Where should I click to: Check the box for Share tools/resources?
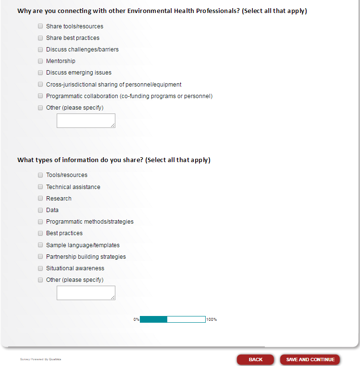click(40, 26)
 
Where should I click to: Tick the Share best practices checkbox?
click(40, 38)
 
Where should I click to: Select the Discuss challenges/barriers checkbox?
click(40, 50)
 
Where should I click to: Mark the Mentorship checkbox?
click(40, 61)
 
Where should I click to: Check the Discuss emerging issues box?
click(40, 73)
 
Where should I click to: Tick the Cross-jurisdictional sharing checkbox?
click(40, 85)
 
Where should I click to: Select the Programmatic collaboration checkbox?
click(40, 96)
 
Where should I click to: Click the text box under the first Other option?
click(86, 121)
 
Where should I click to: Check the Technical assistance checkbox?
click(40, 187)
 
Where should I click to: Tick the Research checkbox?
click(40, 199)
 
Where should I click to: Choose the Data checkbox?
click(40, 210)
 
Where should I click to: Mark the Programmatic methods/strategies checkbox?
click(40, 222)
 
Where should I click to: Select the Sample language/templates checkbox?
click(40, 245)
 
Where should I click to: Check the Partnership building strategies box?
click(40, 257)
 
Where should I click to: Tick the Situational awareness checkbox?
click(40, 268)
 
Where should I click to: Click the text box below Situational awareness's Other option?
click(86, 293)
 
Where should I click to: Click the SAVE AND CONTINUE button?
click(310, 360)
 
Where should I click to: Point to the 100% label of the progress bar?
click(211, 319)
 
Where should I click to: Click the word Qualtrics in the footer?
click(55, 359)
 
